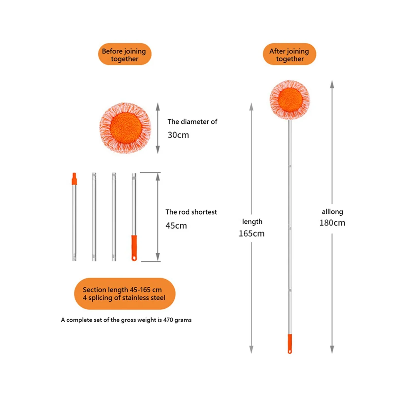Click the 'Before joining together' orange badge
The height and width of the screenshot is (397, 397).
124,54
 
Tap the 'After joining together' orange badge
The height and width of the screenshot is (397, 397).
289,54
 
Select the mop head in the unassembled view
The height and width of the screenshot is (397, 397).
125,128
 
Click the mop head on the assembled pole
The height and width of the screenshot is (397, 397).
290,100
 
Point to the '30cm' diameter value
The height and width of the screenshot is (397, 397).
178,135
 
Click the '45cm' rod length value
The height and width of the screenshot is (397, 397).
176,226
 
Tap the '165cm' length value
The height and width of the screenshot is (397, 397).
251,234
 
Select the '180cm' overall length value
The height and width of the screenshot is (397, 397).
332,223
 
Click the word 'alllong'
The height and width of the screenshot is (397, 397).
332,212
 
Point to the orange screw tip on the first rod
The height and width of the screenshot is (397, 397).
74,179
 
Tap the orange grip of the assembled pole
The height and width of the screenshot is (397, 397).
290,343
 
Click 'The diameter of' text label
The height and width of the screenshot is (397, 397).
192,122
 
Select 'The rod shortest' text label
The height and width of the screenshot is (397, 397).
191,212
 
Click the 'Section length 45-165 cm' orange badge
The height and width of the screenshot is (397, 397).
124,294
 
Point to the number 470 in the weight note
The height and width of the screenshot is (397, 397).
168,320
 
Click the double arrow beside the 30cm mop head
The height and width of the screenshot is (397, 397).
158,128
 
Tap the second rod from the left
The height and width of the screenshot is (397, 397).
94,217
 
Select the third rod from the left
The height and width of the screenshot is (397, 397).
114,217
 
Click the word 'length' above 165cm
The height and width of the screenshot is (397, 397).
252,222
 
